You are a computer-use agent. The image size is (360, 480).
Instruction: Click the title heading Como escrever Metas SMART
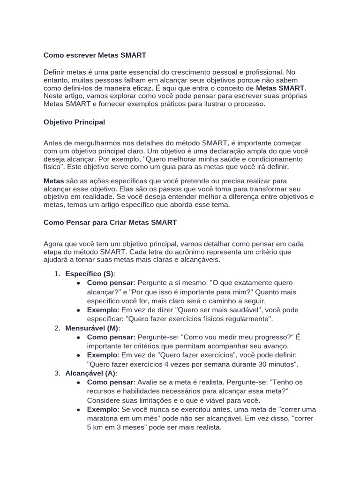[95, 55]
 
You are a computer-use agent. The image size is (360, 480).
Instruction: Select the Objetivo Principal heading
[74, 122]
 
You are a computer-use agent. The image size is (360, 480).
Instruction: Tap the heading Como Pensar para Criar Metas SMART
[110, 222]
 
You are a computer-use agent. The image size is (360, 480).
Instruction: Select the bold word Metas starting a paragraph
[53, 180]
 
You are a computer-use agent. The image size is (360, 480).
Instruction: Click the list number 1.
[57, 274]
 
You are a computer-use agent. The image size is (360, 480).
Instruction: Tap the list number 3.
[57, 373]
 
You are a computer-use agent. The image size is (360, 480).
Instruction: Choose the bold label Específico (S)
[90, 274]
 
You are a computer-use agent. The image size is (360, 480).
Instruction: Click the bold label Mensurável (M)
[92, 328]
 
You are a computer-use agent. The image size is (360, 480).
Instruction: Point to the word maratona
[103, 419]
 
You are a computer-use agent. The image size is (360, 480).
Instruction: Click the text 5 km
[97, 427]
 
